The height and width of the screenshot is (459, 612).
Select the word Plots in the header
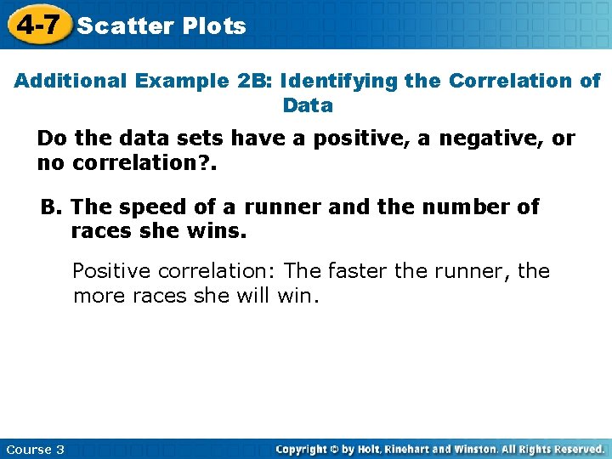click(x=214, y=26)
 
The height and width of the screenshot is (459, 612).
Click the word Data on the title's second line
click(x=308, y=106)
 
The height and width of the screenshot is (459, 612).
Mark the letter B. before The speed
click(x=52, y=207)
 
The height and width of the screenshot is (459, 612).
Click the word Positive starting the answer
click(x=110, y=271)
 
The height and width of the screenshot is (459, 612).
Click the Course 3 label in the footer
click(x=35, y=449)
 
